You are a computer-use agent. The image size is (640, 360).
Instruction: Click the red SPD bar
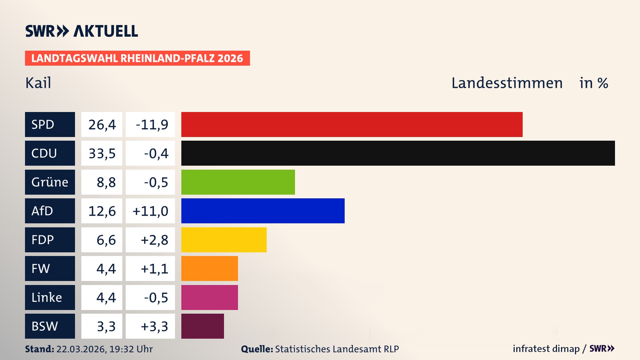[x=352, y=124]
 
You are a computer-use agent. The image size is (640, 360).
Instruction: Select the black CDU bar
[x=398, y=153]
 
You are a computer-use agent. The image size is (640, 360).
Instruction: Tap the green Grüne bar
[x=238, y=182]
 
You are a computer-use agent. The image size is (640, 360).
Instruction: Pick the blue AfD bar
[x=263, y=211]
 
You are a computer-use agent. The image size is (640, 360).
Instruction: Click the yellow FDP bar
[x=224, y=240]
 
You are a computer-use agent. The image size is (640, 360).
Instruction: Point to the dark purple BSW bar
[x=202, y=326]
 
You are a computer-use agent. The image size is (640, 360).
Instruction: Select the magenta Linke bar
[x=209, y=297]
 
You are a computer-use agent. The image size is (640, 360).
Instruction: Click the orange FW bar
[x=209, y=268]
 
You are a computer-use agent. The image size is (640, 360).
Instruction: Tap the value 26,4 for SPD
[x=102, y=125]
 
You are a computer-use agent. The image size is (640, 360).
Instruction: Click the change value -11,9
[x=152, y=125]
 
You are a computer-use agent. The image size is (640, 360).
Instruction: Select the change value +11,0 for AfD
[x=150, y=211]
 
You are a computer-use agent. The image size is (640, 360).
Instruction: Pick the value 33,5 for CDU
[x=102, y=153]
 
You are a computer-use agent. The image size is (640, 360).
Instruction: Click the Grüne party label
[x=50, y=182]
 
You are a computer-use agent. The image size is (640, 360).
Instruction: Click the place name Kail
[x=38, y=83]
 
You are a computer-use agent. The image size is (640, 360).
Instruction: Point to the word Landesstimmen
[x=507, y=83]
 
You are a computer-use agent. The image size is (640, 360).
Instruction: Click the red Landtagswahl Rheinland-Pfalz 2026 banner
[x=137, y=58]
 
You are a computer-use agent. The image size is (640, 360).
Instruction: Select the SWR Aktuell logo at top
[x=82, y=31]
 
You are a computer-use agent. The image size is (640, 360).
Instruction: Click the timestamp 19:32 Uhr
[x=131, y=349]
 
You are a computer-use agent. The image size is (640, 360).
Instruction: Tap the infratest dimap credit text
[x=546, y=349]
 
